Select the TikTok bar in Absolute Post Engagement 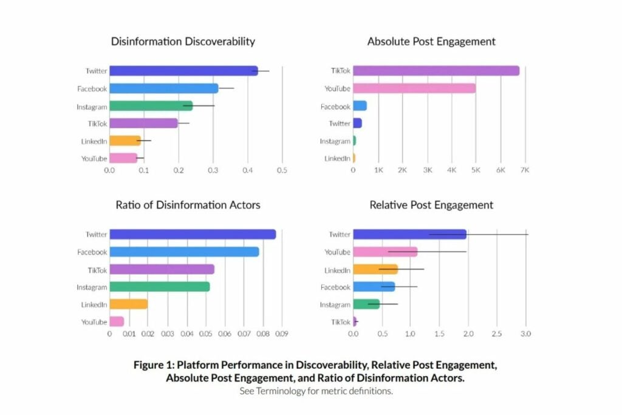tap(436, 71)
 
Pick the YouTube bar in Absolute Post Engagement tap(414, 89)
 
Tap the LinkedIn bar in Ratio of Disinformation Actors tap(128, 304)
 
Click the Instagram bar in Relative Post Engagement tap(366, 304)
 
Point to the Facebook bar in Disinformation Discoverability tap(163, 89)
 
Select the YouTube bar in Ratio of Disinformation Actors tap(117, 322)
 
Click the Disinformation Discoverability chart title tap(183, 42)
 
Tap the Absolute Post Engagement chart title tap(431, 42)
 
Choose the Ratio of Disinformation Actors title tap(188, 205)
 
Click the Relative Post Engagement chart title tap(431, 205)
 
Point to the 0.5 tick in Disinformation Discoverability tap(282, 171)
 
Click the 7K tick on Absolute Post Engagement tap(525, 171)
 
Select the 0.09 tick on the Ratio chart tap(282, 334)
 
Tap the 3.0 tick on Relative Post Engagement tap(526, 334)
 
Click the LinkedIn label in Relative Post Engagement tap(337, 270)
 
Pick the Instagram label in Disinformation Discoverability tap(92, 107)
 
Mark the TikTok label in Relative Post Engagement tap(341, 322)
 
